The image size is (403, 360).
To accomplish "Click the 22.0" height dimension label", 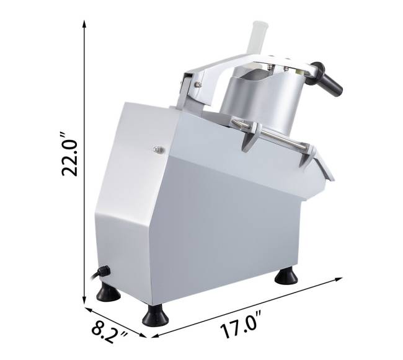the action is click(69, 154).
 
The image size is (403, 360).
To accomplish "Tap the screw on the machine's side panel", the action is click(159, 149).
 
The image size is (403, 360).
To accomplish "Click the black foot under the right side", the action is click(286, 276).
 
